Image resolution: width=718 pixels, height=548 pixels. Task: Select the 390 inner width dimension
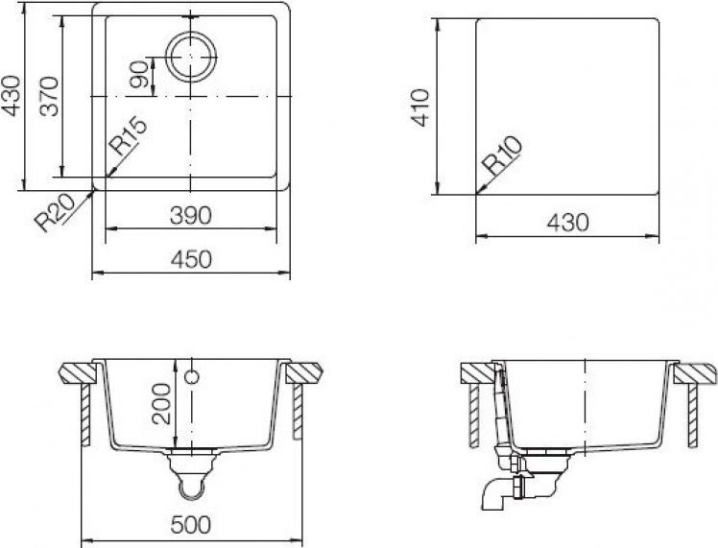[191, 215]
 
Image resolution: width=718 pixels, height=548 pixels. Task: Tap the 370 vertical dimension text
[51, 96]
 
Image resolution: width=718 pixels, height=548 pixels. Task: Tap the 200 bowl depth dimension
[161, 404]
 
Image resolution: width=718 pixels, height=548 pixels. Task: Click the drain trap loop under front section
[192, 488]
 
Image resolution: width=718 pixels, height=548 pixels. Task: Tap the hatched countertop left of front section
[76, 371]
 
